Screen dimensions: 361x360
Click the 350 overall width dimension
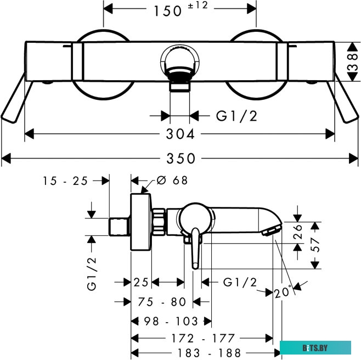coord(181,159)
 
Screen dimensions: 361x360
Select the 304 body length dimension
coord(180,134)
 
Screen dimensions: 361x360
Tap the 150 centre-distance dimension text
coord(168,12)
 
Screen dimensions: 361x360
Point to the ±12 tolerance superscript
coord(198,5)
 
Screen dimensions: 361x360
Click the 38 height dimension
coord(353,61)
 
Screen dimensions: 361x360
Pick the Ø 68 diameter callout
coord(172,181)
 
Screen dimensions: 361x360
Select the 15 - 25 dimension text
coord(65,181)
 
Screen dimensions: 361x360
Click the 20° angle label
coord(283,292)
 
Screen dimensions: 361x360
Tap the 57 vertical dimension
coord(315,245)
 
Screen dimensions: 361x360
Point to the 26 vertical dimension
coord(297,232)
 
